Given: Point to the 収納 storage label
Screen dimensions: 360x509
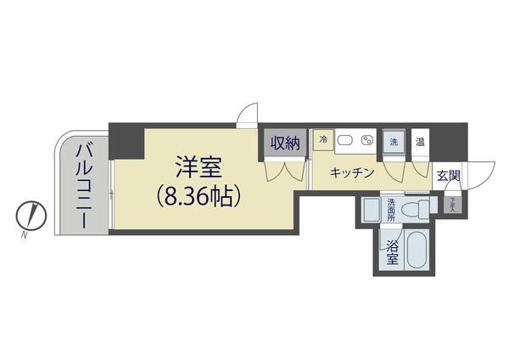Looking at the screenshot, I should coord(285,143).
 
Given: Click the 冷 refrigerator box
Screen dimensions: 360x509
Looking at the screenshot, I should coord(323,140).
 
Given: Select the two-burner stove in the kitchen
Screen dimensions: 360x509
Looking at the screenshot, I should coord(367,141).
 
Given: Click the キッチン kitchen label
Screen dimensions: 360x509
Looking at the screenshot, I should coord(351,173).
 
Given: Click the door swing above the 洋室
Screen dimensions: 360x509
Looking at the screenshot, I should coord(247,114).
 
